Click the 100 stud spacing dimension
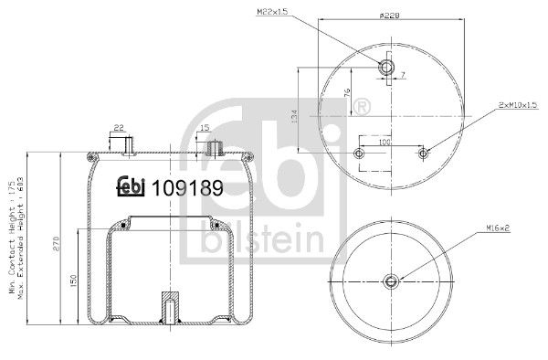pyautogui.click(x=386, y=143)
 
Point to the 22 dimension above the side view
pyautogui.click(x=119, y=127)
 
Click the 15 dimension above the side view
pyautogui.click(x=204, y=127)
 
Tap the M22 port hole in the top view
pyautogui.click(x=385, y=68)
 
